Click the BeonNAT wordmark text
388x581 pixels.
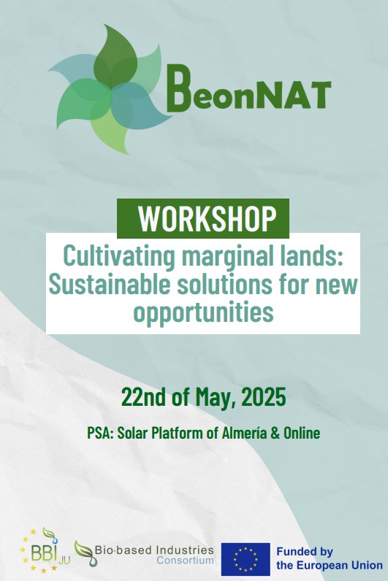(x=248, y=89)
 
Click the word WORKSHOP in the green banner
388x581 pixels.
(x=208, y=218)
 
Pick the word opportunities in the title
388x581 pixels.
(x=203, y=313)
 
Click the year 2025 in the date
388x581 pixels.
(x=264, y=396)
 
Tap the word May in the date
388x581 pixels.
(x=216, y=398)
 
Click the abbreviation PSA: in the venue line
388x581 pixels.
(x=100, y=433)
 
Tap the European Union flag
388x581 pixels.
(x=246, y=559)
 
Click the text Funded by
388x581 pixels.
(x=305, y=552)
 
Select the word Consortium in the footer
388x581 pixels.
(x=185, y=561)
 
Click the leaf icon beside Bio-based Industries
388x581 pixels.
(x=85, y=553)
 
